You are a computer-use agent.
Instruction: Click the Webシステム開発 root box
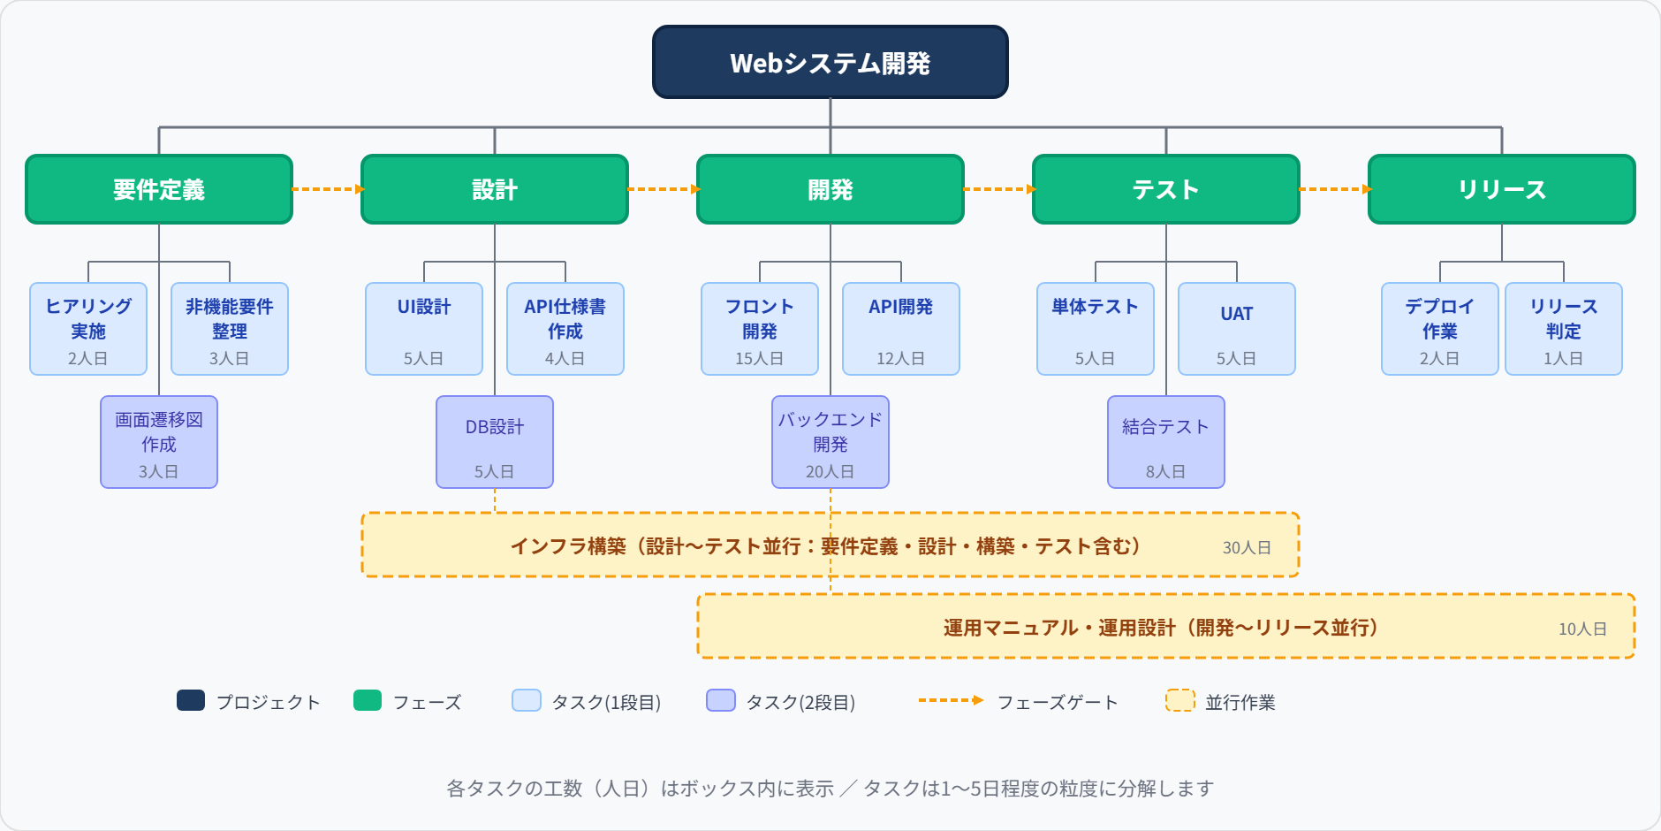pos(830,62)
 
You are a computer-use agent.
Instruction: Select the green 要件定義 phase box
pos(159,189)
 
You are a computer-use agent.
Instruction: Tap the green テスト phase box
pos(1165,189)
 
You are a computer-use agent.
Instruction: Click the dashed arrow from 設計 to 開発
pos(663,189)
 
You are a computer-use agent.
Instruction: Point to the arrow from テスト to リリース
pos(1334,189)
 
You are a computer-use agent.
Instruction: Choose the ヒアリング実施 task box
pos(88,328)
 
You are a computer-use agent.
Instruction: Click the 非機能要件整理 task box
pos(230,328)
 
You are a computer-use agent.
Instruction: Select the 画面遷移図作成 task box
pos(159,441)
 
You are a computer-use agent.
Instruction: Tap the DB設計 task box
pos(495,441)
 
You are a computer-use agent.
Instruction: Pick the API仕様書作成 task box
pos(565,328)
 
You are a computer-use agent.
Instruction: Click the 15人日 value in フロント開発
pos(759,358)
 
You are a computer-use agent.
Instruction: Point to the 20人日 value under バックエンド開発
pos(830,471)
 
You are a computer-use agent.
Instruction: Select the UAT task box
pos(1236,328)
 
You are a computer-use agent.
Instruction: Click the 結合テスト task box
pos(1165,441)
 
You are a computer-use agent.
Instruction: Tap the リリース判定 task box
pos(1563,328)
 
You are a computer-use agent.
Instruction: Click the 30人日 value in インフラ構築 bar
pos(1246,547)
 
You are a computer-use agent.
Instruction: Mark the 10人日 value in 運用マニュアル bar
pos(1581,629)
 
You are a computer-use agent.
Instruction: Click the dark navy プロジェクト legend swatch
pos(191,700)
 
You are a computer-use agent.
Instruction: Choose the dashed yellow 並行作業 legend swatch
pos(1179,700)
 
